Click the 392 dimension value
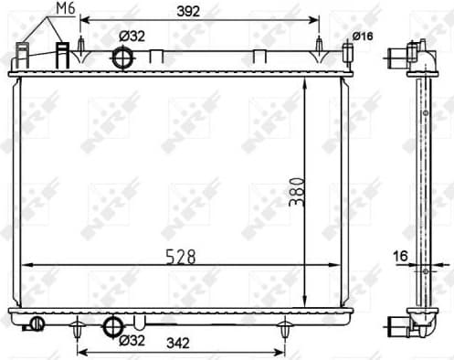[x=188, y=11]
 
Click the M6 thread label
[x=64, y=9]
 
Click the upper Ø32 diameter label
[x=132, y=36]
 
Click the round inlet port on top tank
[x=121, y=58]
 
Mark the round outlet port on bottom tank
[x=111, y=324]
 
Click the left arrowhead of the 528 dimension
[x=25, y=265]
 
